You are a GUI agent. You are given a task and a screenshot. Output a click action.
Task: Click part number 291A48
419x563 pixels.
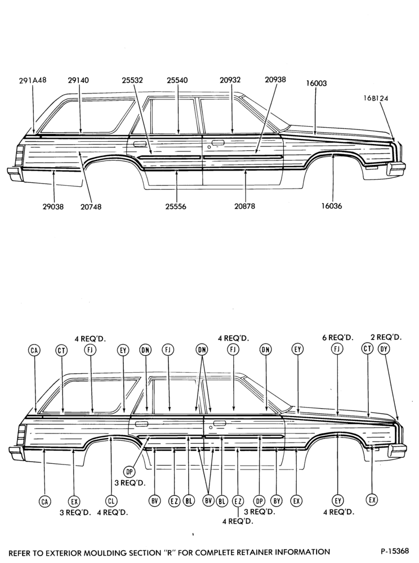click(33, 81)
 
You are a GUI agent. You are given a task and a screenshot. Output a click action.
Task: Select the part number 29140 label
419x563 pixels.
click(78, 81)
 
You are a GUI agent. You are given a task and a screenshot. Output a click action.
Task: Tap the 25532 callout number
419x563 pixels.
click(132, 81)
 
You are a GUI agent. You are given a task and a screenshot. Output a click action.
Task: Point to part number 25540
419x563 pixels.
click(177, 81)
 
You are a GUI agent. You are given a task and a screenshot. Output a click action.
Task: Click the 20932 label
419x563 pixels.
click(230, 80)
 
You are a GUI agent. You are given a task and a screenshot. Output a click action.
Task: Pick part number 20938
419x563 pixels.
click(275, 80)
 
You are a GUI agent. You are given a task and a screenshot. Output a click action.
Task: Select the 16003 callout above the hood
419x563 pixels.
click(317, 83)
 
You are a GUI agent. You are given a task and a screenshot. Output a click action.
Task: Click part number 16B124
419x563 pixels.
click(375, 98)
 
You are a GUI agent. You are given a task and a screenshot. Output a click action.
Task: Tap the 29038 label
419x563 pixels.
click(53, 207)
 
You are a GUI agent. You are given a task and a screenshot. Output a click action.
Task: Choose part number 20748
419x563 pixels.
click(91, 207)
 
